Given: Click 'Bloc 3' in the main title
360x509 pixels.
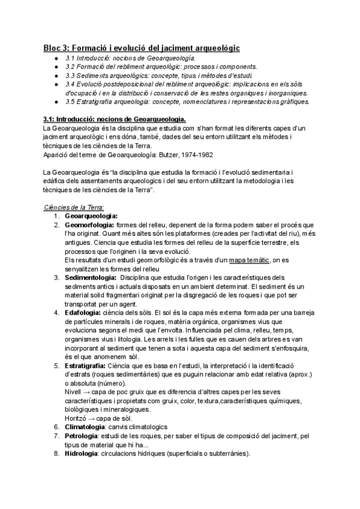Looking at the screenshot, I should pos(60,47).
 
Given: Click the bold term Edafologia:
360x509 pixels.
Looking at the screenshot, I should pos(83,313).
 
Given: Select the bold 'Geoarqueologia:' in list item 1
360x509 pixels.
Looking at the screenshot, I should pos(91,215).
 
